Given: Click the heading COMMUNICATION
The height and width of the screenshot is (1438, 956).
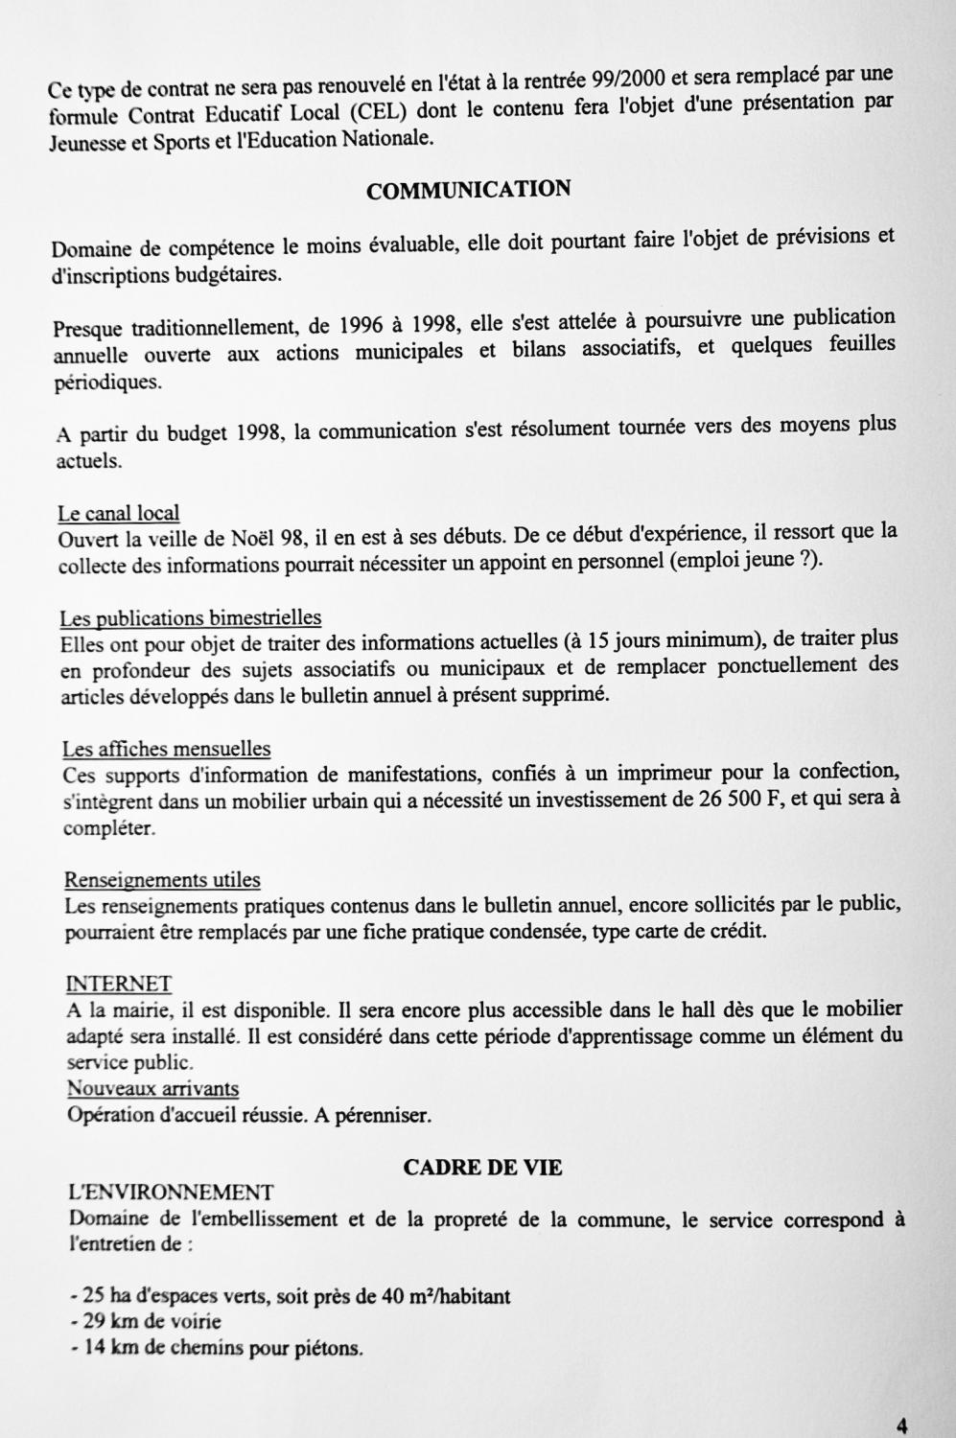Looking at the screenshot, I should click(468, 189).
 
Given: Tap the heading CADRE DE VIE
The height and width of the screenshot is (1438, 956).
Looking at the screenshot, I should click(482, 1167).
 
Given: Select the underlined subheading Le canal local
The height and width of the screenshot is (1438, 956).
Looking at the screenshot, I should click(118, 513).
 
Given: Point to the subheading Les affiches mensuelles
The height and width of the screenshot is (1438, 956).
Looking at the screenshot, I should click(166, 749).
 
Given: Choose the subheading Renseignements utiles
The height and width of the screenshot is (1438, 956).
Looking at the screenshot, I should click(162, 879).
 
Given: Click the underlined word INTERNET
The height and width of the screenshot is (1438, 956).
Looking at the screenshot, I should click(118, 984).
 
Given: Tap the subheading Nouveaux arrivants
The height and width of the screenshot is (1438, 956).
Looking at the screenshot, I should click(152, 1088).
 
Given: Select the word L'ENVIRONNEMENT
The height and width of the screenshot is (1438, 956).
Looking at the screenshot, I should click(171, 1193).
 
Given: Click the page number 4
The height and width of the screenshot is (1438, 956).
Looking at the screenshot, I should click(902, 1424).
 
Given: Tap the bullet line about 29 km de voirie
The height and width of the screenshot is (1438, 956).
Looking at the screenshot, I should click(146, 1323).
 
